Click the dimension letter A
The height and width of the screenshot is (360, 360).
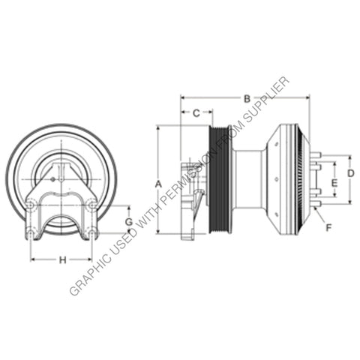(158, 183)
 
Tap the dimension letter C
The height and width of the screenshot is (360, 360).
(196, 113)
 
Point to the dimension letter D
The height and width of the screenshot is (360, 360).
(351, 173)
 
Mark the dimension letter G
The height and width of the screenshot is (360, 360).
(128, 222)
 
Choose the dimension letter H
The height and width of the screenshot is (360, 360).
(63, 260)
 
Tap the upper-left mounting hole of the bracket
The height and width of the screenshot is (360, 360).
(31, 204)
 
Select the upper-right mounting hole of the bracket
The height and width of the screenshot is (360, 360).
(91, 204)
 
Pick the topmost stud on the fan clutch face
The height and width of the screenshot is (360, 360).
(316, 155)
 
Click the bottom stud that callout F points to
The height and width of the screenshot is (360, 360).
(316, 203)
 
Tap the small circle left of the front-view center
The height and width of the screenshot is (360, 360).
(45, 178)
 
